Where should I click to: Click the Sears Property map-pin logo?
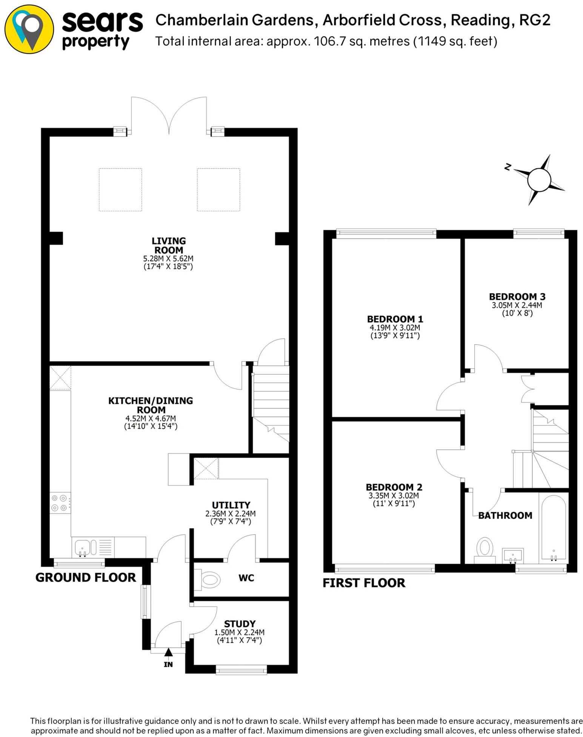coord(29,29)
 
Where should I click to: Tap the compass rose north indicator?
coord(539,180)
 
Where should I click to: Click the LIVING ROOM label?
coord(168,245)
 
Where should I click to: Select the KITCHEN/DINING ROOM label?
coord(151,405)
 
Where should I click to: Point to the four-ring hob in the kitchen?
coord(60,503)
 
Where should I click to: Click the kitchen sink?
coord(82,548)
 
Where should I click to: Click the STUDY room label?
coord(240,624)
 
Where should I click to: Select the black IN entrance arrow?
coord(168,652)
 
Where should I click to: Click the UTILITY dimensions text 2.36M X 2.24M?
coord(230,514)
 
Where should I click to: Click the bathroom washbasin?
coord(513,555)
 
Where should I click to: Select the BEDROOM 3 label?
coord(517,297)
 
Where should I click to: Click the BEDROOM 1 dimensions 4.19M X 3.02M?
coord(395,328)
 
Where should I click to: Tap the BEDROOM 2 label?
coord(394,487)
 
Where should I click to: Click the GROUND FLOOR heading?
coord(86,577)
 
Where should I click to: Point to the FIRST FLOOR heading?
coord(364,583)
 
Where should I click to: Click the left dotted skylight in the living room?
coord(120,189)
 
